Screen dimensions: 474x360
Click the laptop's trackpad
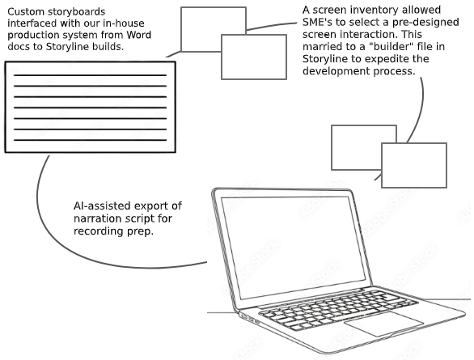384,324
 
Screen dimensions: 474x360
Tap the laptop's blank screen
294,247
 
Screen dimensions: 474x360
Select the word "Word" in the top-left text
139,35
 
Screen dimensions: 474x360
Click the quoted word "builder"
391,47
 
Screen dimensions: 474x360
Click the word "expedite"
388,58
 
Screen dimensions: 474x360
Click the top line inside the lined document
90,75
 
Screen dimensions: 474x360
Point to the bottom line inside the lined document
90,140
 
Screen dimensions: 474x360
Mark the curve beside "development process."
421,109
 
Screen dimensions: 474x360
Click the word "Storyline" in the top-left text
66,47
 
